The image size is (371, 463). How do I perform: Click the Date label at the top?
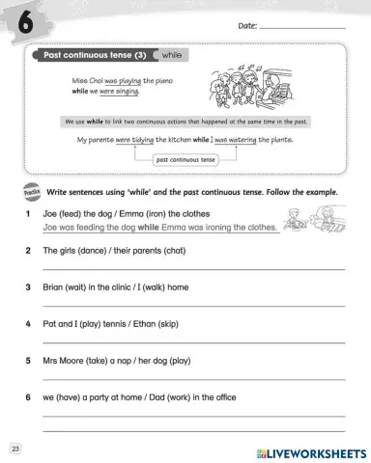tap(247, 26)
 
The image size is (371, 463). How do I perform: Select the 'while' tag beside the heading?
tap(174, 56)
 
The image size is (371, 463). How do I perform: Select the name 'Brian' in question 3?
tap(56, 286)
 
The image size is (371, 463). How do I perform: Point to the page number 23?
tap(14, 449)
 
